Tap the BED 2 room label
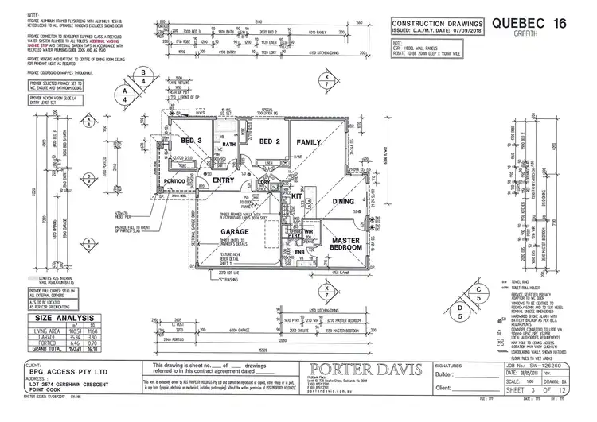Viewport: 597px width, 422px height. click(270, 141)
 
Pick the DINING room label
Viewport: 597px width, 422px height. click(344, 202)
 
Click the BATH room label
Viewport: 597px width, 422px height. click(229, 145)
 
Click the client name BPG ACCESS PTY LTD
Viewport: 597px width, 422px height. click(57, 370)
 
